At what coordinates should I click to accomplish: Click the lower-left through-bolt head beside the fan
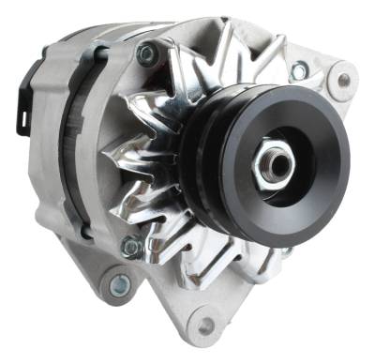coord(131,246)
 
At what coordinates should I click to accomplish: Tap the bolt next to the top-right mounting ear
coord(299,70)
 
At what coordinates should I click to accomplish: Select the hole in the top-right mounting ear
coord(344,81)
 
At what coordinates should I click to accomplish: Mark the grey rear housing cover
coord(47,169)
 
